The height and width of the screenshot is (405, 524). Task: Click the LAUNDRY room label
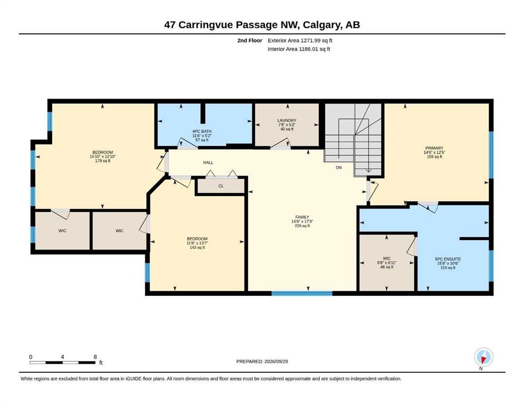tap(287, 121)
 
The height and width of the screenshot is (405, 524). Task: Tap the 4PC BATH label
tap(202, 131)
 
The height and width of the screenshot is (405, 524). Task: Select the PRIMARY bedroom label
tap(434, 148)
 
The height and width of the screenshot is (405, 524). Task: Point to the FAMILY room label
tap(302, 217)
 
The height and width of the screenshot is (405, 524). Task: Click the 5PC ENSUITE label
tap(448, 259)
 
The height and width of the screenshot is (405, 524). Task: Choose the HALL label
tap(208, 162)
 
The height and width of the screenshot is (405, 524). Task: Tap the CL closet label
tap(221, 186)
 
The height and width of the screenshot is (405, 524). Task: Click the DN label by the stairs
tap(339, 168)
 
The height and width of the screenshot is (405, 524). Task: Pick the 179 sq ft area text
tap(102, 161)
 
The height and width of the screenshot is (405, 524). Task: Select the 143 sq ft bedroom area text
tap(197, 247)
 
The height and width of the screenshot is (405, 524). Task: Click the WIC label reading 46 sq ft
tap(387, 258)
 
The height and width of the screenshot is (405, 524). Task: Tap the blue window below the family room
tap(302, 294)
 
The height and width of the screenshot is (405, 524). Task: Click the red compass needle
tap(483, 360)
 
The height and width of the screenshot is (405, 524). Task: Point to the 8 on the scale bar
tap(95, 357)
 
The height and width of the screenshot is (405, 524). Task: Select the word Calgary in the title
tap(322, 25)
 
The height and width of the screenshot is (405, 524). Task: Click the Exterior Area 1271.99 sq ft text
tap(300, 41)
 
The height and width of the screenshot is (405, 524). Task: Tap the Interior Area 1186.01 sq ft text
tap(299, 49)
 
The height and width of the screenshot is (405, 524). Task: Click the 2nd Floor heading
tap(250, 41)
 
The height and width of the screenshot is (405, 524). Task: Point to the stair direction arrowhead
tap(368, 171)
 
